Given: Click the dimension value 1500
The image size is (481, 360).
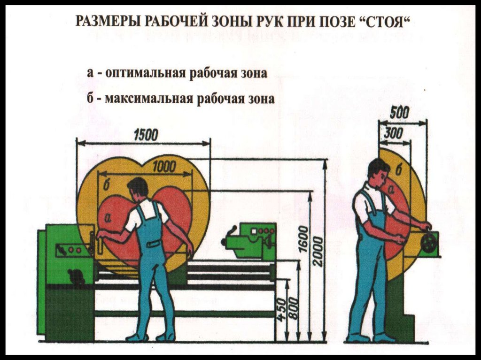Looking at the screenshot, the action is pyautogui.click(x=146, y=135).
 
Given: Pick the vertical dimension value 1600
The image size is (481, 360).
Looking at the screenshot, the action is pyautogui.click(x=304, y=239).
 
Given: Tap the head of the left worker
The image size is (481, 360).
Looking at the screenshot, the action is pyautogui.click(x=138, y=188).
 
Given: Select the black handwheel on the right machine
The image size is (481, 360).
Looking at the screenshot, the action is pyautogui.click(x=428, y=242).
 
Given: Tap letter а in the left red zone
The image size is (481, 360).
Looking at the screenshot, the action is pyautogui.click(x=109, y=217).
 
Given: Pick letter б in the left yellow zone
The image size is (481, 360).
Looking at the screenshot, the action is pyautogui.click(x=106, y=186).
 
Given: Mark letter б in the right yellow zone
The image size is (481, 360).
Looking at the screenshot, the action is pyautogui.click(x=398, y=169).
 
